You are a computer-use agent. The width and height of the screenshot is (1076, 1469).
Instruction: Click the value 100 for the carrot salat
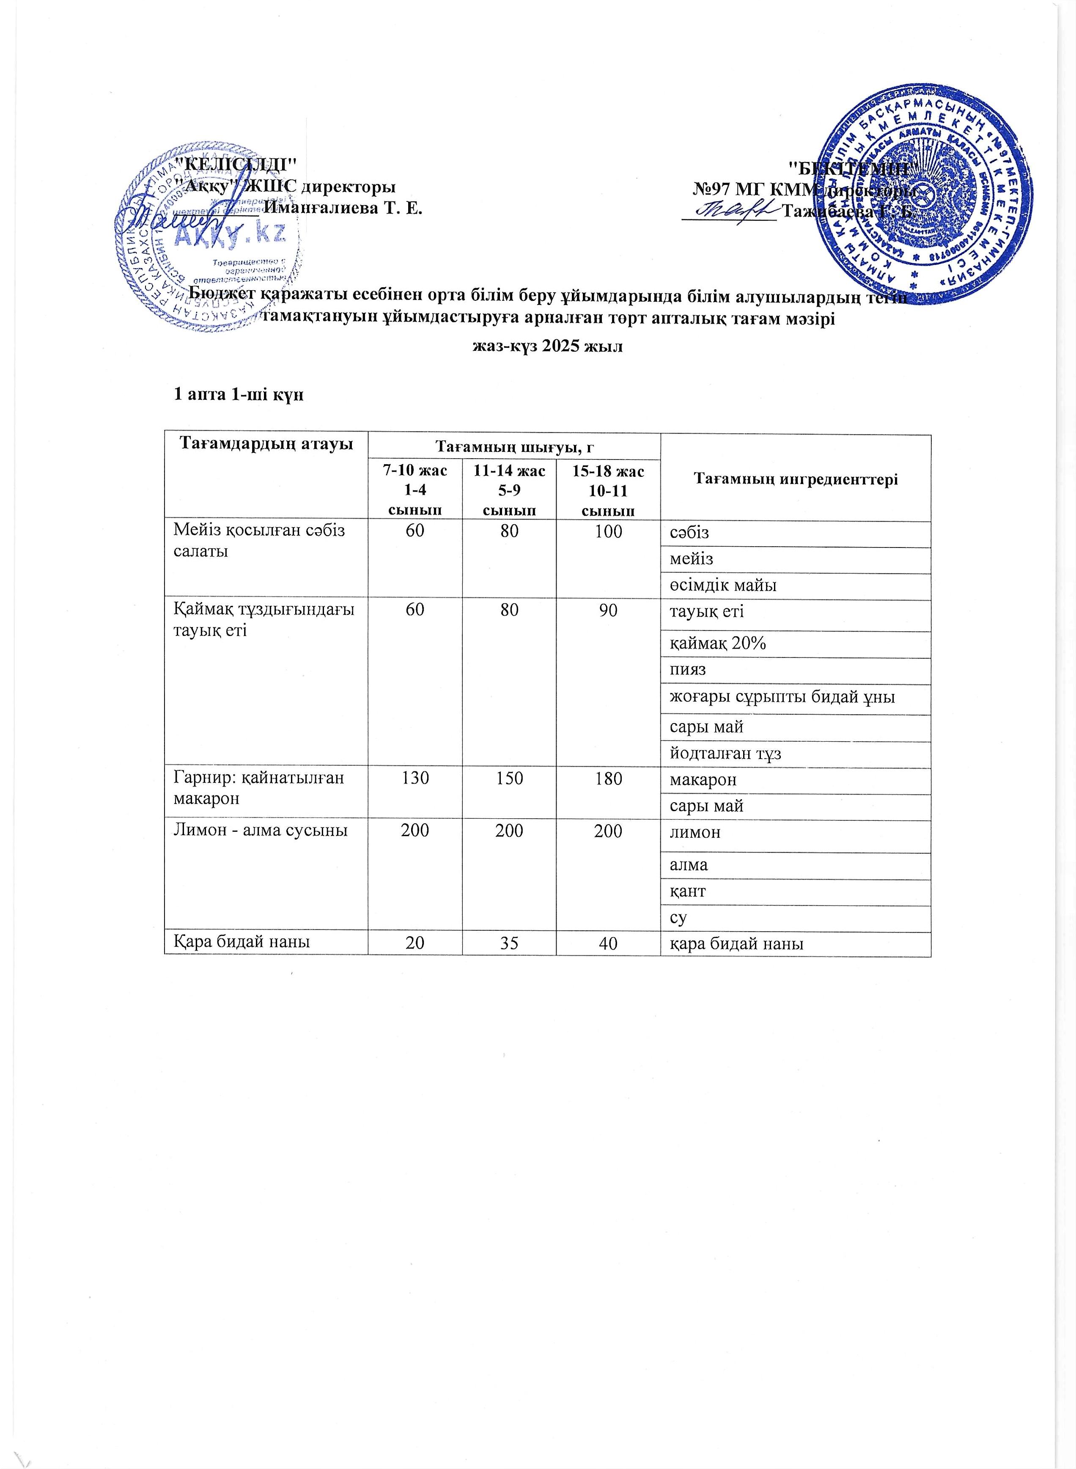click(608, 531)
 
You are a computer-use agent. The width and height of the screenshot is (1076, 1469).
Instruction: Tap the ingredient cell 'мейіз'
click(692, 558)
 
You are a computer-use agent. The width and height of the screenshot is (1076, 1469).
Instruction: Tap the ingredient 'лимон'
click(695, 832)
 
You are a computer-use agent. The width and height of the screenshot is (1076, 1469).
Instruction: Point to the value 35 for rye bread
click(509, 943)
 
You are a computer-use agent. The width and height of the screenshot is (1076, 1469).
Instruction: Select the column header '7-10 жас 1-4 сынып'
click(415, 490)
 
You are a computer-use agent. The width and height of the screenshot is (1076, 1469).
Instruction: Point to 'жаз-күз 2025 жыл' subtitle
click(547, 346)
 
